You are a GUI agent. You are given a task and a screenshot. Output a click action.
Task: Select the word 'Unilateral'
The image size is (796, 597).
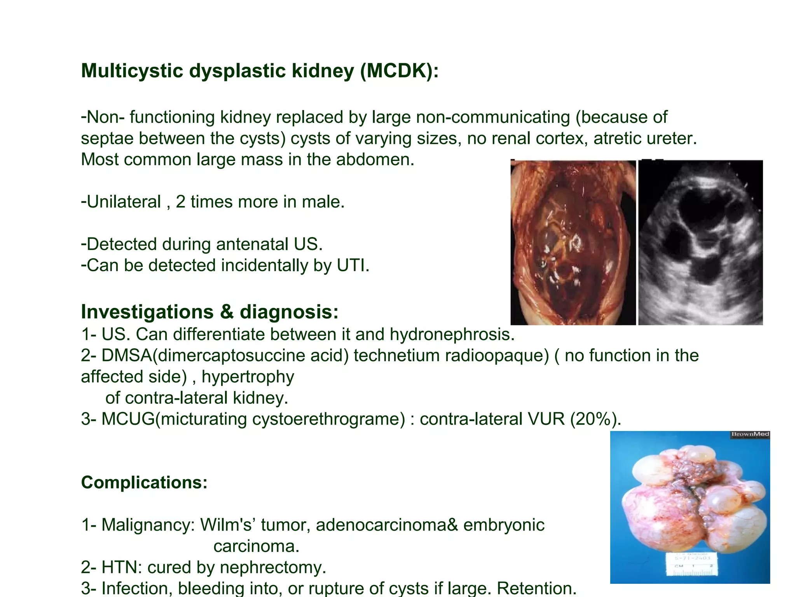click(x=124, y=202)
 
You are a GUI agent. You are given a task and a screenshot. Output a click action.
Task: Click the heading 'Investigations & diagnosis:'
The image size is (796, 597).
click(x=210, y=312)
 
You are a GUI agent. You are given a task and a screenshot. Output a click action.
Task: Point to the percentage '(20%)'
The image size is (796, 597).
click(x=595, y=419)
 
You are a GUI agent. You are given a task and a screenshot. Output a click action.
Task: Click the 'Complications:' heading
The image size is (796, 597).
click(x=144, y=483)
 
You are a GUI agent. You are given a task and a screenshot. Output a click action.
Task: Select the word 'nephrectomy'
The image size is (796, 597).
click(x=276, y=567)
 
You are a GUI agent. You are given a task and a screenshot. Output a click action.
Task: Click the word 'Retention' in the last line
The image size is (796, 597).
click(x=536, y=588)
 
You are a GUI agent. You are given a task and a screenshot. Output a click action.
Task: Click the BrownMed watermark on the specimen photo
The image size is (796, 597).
click(x=750, y=435)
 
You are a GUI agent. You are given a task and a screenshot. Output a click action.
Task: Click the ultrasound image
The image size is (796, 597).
click(x=700, y=243)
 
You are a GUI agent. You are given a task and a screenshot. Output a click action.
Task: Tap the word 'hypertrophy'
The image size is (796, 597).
click(x=248, y=377)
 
